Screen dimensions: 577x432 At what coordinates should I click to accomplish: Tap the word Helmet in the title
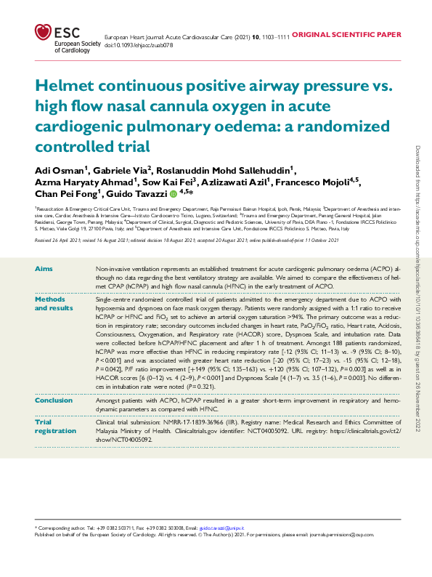tap(68, 87)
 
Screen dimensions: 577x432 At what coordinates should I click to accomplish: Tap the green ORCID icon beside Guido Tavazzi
tap(174, 195)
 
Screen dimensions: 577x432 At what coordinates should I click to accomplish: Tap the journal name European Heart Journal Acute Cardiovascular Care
tap(188, 35)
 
